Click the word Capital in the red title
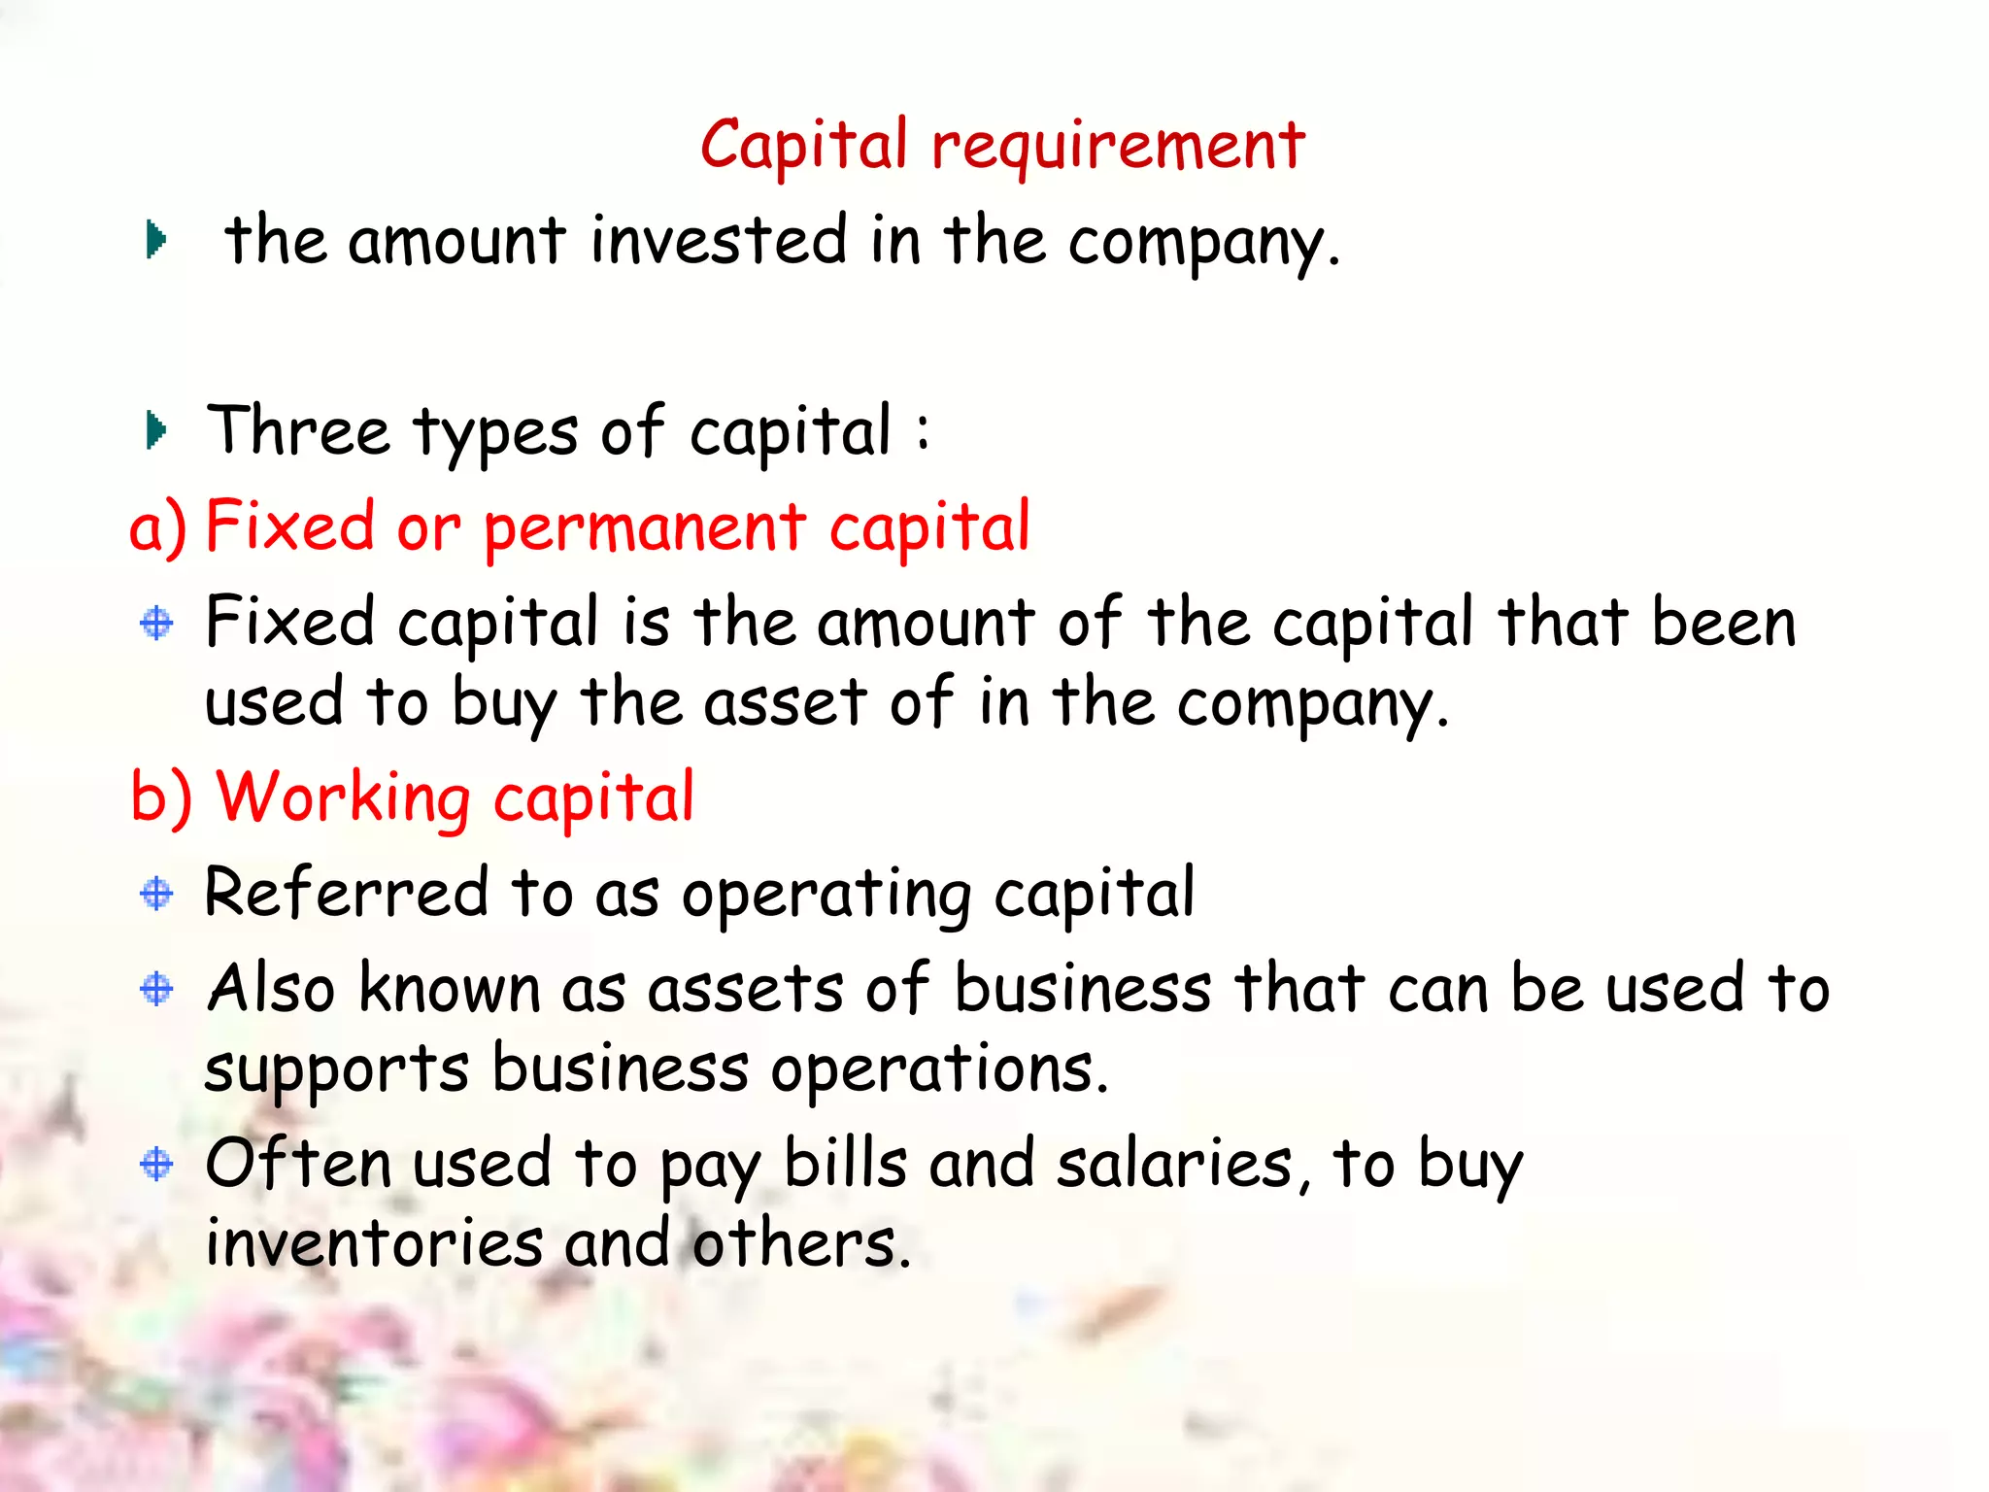(804, 146)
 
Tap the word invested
(719, 240)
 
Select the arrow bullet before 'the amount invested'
(155, 240)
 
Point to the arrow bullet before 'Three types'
(155, 430)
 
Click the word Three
(298, 430)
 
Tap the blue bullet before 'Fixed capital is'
(156, 623)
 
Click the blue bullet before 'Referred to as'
(156, 893)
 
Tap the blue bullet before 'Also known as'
(156, 989)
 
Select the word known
(449, 989)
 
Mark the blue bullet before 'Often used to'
(156, 1163)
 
